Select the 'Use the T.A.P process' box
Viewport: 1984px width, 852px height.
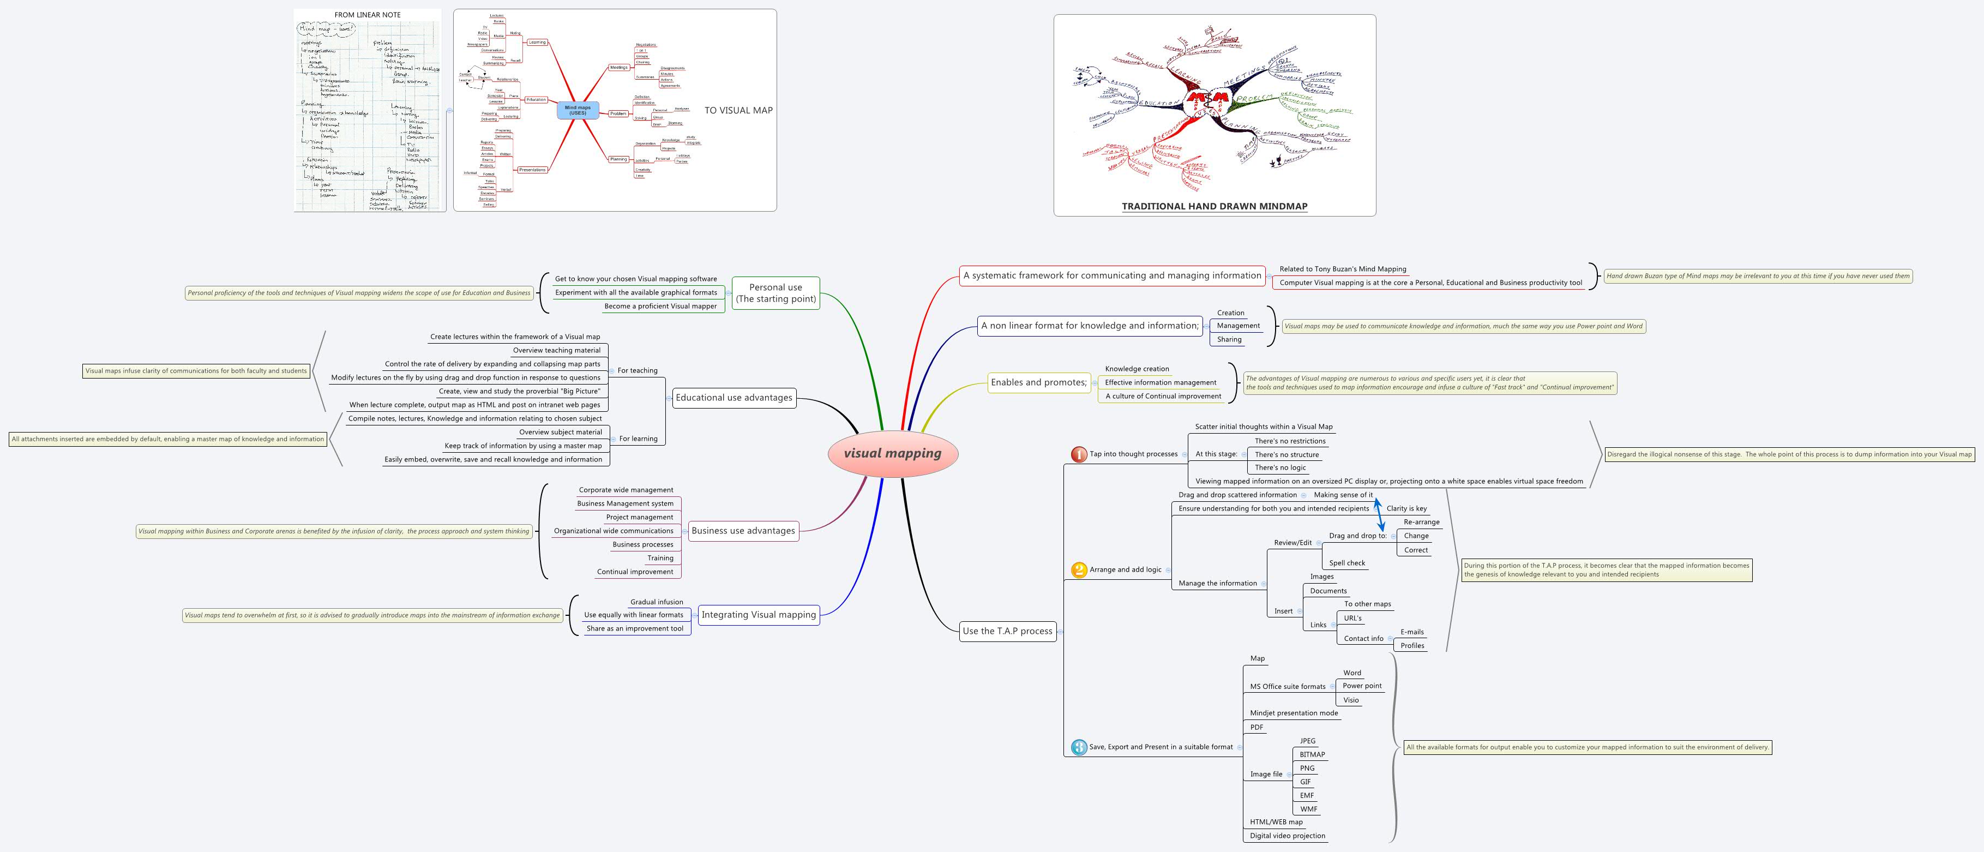point(1007,631)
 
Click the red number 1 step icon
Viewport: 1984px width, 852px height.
point(1078,454)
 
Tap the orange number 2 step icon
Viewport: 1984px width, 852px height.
point(1078,570)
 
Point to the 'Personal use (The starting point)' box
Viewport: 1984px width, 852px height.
point(775,293)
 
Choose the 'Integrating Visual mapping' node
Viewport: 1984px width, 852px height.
point(758,615)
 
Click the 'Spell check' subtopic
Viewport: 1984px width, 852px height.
point(1346,563)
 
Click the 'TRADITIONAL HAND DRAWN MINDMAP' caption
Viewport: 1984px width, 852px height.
point(1214,206)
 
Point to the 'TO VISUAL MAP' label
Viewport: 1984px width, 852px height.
point(738,110)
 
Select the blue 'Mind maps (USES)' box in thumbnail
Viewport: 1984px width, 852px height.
point(577,110)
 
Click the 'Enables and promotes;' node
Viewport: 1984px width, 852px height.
point(1038,382)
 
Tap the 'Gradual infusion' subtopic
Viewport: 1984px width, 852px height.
point(656,602)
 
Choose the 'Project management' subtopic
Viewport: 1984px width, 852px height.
point(639,517)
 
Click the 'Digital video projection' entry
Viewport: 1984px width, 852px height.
point(1287,836)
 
